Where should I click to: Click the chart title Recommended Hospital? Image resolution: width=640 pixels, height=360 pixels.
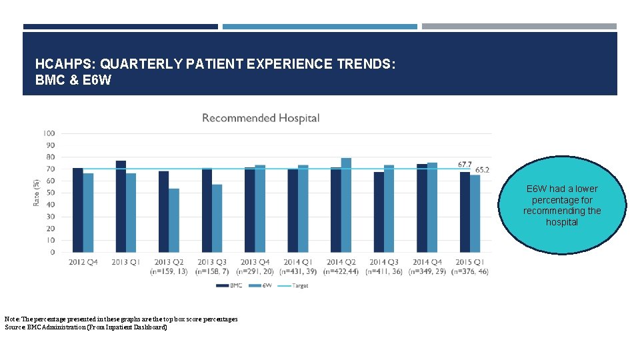(x=261, y=118)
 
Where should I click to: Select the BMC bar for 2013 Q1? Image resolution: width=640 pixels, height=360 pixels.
(x=121, y=207)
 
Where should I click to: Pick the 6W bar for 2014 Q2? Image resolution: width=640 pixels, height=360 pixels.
(x=346, y=205)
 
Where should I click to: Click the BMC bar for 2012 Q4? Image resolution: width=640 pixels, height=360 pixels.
(x=77, y=210)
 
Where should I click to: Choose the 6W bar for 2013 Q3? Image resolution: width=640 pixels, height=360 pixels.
(x=217, y=219)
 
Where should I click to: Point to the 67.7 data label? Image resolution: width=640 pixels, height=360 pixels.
(x=465, y=164)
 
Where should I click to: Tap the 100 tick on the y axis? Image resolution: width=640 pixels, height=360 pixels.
(x=49, y=133)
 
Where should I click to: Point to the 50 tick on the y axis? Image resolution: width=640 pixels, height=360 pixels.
(x=51, y=193)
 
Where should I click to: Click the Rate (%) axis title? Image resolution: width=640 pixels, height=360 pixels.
(x=36, y=191)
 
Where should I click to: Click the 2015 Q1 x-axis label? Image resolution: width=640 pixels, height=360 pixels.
(x=469, y=262)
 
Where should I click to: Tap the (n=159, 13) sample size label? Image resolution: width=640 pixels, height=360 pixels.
(x=169, y=271)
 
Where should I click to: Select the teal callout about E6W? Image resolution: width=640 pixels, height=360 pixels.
(x=562, y=205)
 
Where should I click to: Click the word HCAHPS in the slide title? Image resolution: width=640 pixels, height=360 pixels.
(x=64, y=65)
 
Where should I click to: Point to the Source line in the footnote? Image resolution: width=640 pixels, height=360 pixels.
(x=85, y=327)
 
